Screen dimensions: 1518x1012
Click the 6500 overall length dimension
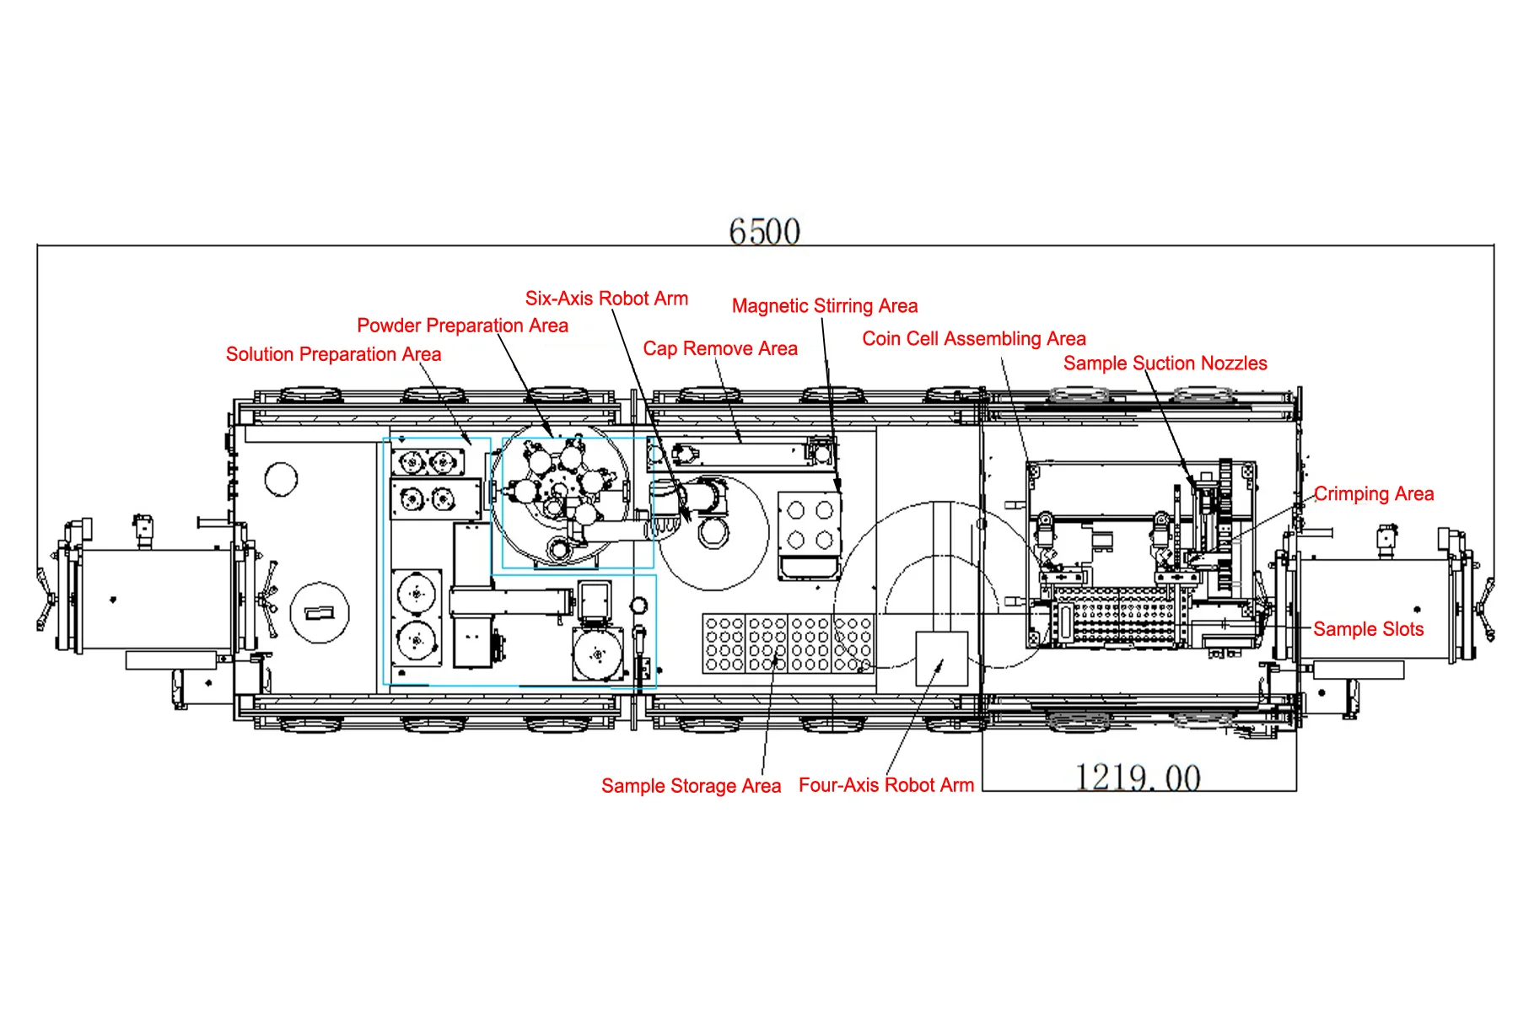tap(764, 231)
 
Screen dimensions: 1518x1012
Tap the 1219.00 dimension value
tap(1138, 778)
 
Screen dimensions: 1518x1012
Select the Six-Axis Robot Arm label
tap(606, 299)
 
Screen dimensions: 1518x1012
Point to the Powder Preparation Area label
tap(462, 326)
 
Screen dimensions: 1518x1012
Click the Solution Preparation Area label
tap(333, 354)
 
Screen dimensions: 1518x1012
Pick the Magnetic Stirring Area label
tap(825, 306)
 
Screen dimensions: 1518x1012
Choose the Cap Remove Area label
tap(720, 348)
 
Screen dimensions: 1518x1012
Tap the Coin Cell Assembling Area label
tap(974, 339)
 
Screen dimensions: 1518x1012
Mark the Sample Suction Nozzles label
tap(1165, 363)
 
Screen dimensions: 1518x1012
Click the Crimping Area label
tap(1374, 494)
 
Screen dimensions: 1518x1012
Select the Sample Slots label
tap(1368, 629)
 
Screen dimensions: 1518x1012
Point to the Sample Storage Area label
tap(691, 786)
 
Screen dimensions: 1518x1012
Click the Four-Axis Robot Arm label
tap(886, 785)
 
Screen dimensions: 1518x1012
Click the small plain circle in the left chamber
tap(281, 480)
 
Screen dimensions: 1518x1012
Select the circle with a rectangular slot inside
tap(319, 613)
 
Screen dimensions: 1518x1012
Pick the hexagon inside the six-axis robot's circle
tap(713, 534)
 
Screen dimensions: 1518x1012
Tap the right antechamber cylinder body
tap(1375, 610)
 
